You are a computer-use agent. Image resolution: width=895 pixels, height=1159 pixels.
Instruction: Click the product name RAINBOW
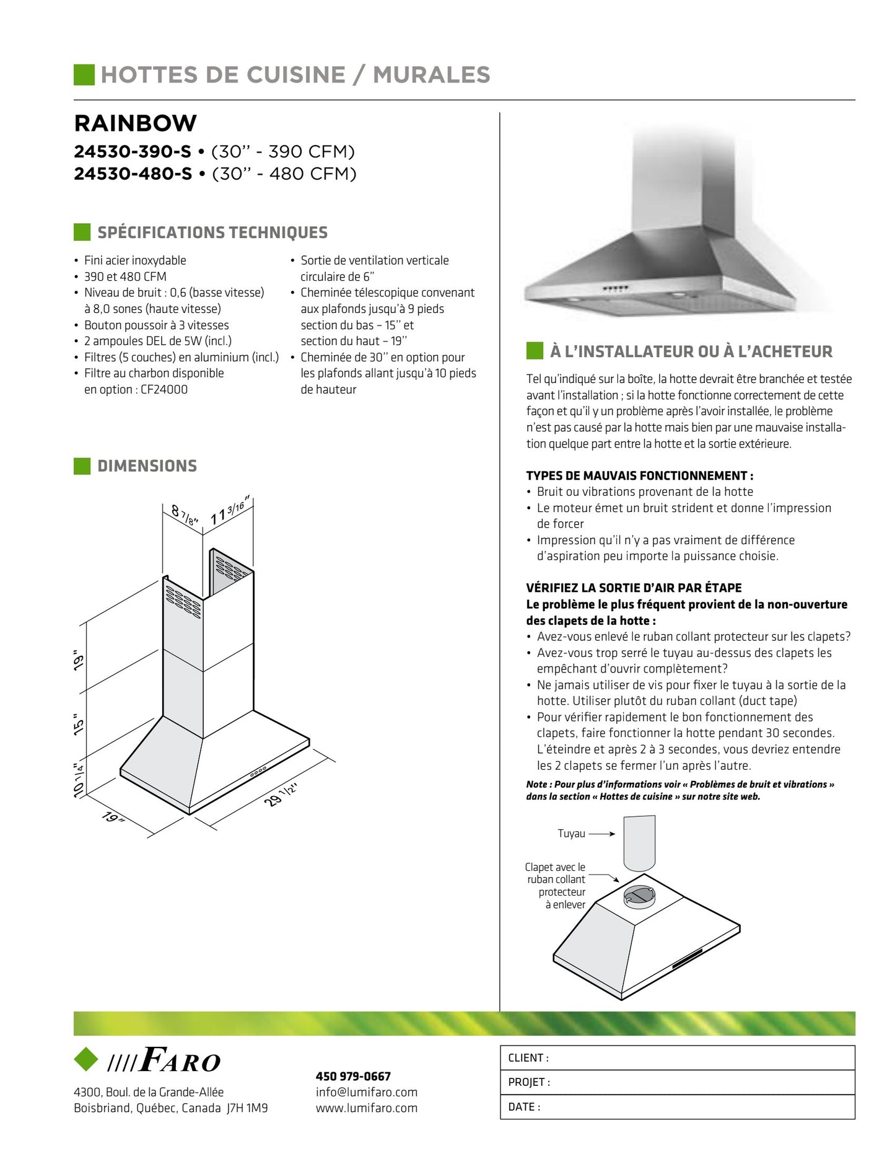135,123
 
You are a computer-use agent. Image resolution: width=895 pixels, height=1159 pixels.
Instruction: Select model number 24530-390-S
133,152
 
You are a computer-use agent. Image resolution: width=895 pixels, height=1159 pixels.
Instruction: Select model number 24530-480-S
133,174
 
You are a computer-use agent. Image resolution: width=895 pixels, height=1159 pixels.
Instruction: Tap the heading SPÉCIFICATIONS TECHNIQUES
212,232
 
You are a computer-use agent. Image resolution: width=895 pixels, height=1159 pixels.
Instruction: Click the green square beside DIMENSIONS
82,466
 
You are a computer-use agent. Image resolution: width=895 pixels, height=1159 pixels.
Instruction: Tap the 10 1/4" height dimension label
79,780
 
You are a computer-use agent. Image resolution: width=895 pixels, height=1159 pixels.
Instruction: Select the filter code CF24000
164,390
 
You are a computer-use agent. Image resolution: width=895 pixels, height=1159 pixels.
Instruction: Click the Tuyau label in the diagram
571,834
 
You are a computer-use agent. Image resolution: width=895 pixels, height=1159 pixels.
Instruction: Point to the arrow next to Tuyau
601,834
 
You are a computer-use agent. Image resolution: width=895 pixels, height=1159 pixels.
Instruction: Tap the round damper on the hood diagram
639,896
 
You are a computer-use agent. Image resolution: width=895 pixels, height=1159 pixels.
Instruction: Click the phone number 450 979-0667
353,1077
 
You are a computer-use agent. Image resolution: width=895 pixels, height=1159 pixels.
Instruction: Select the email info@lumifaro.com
367,1092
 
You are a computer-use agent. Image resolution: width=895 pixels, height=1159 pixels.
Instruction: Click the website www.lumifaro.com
367,1108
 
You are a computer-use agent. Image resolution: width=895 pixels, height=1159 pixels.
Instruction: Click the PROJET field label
529,1082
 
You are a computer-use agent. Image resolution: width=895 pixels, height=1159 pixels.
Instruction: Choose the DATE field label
524,1107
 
